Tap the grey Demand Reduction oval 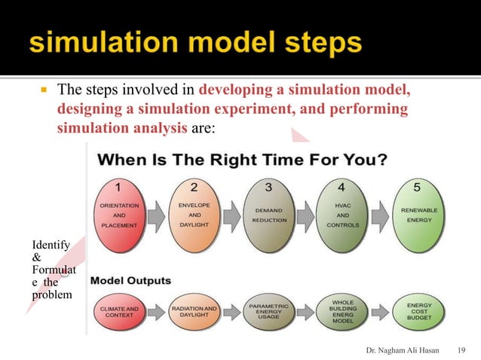(269, 215)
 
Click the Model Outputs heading (130, 281)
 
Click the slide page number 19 (463, 350)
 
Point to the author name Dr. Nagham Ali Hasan (403, 350)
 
